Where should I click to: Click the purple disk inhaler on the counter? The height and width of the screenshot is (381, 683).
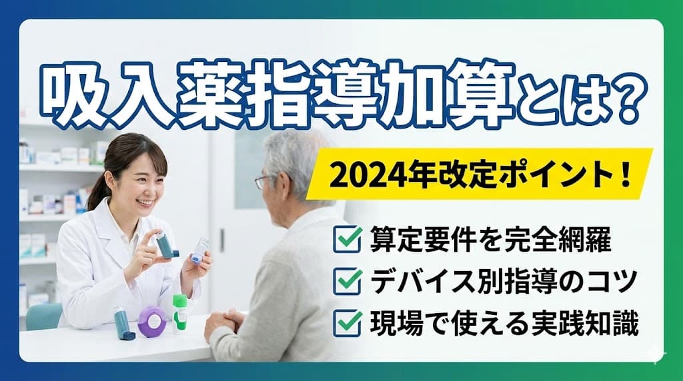(x=153, y=321)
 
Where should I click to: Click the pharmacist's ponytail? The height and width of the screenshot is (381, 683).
(x=95, y=194)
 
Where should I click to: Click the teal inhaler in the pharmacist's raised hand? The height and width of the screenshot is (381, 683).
(x=164, y=244)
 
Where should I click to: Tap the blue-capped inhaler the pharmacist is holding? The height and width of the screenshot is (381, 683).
(x=199, y=250)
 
